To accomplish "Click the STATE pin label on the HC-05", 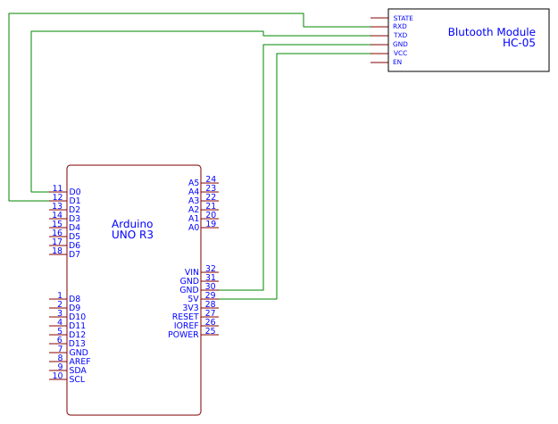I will tap(403, 18).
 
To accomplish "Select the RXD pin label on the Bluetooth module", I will tap(400, 27).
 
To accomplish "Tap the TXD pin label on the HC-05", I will tap(400, 36).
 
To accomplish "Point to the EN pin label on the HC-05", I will tap(397, 62).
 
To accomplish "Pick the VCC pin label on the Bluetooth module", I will tap(400, 54).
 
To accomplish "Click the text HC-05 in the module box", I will tap(519, 42).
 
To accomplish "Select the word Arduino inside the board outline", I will tap(132, 224).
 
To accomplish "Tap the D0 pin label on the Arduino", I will tap(75, 192).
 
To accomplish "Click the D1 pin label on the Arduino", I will tap(75, 201).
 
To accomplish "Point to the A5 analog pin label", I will tap(193, 183).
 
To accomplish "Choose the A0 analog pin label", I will tap(193, 228).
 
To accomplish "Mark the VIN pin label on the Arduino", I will tap(191, 272).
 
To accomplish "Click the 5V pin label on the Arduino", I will tap(193, 299).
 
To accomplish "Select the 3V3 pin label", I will tap(190, 308).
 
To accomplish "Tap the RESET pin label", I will tap(185, 317).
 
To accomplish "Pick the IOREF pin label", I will tap(186, 326).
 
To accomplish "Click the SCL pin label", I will tap(77, 379).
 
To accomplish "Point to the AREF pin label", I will tap(79, 362).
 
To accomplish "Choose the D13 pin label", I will tap(77, 344).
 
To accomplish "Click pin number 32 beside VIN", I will tap(211, 268).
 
